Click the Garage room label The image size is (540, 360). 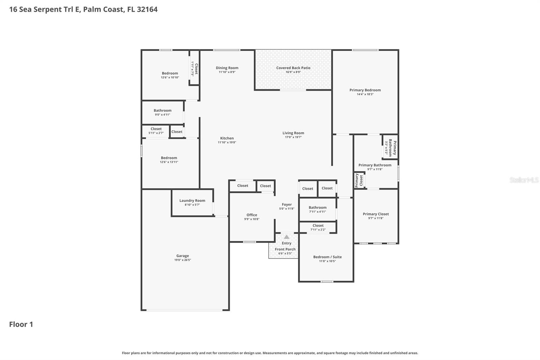pos(183,256)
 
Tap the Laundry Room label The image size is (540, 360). pos(192,201)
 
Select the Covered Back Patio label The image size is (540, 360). pos(293,68)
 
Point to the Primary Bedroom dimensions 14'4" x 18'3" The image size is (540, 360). pos(365,94)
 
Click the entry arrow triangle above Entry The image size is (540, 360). pos(287,237)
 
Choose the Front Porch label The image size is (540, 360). pos(285,249)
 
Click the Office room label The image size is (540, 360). pos(252,215)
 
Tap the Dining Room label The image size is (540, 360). pos(227,68)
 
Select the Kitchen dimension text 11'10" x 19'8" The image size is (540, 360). pos(227,143)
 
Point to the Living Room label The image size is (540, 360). pos(293,133)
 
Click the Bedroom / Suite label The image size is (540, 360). pos(327,257)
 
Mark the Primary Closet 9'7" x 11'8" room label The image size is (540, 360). pos(376,214)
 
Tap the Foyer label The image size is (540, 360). pos(287,204)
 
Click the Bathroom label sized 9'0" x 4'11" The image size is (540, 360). pos(162,110)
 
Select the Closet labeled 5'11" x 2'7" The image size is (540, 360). pos(156,129)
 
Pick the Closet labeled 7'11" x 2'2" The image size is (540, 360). pos(318,226)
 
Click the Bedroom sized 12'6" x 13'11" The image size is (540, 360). pos(169,158)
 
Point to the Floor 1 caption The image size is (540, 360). pos(21,325)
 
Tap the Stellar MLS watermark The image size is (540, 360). pos(524,180)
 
